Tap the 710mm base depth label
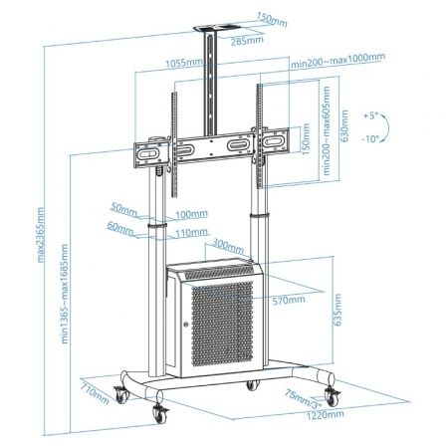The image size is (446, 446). coord(93,395)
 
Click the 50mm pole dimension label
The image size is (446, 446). coord(123,211)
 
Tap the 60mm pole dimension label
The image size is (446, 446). coord(121,229)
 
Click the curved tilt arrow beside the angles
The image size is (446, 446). coord(391,126)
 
